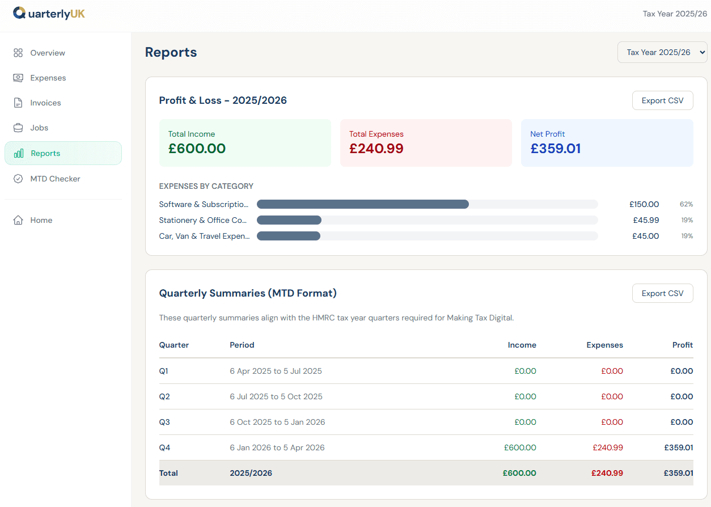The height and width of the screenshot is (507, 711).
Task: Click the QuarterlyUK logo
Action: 49,14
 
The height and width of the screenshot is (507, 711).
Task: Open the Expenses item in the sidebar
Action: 48,78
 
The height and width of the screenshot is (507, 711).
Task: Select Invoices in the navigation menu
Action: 45,103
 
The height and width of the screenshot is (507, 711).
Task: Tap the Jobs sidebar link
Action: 39,128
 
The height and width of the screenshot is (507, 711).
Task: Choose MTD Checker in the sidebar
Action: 55,179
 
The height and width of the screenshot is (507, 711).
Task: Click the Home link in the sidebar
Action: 41,220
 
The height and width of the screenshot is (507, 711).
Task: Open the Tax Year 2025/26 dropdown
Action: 662,52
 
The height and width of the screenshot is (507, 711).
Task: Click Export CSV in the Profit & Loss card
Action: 662,100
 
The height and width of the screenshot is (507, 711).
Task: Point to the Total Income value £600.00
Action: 197,149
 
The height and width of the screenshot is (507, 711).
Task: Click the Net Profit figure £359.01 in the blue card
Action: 556,149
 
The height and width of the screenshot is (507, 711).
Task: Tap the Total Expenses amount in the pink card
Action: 376,149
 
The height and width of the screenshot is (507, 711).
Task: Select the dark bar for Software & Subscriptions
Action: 363,204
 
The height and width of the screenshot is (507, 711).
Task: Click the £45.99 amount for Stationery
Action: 646,220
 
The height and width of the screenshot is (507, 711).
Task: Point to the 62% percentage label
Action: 686,204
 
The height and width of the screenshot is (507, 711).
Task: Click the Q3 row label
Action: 164,422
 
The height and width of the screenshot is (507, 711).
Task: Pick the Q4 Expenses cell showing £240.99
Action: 608,447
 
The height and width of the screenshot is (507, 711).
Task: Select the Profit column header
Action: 683,345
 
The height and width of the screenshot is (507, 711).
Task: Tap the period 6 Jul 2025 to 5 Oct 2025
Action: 276,396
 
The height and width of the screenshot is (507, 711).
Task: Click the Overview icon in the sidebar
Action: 18,53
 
